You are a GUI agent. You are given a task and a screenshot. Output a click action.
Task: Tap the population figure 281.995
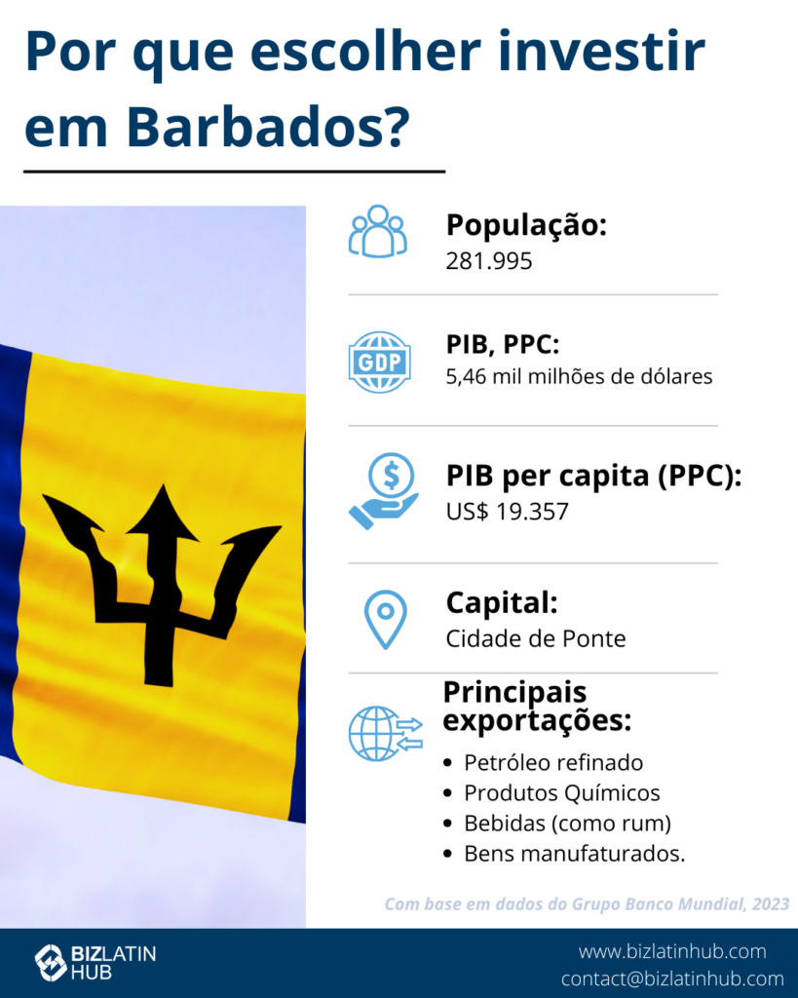coord(489,261)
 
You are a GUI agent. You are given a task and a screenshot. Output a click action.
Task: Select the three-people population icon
coord(378,232)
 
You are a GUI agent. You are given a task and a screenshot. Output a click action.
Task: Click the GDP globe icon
coord(379,363)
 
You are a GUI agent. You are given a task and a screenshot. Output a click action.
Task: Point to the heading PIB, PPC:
coord(503,345)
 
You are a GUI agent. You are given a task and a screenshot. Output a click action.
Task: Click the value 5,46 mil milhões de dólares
coord(579,376)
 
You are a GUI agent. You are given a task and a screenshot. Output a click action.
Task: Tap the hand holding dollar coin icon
coord(384,491)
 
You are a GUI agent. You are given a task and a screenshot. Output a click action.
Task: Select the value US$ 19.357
coord(508,512)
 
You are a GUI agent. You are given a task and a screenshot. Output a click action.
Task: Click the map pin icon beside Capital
coord(386,620)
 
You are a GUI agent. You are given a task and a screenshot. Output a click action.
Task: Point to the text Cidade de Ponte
coord(536,638)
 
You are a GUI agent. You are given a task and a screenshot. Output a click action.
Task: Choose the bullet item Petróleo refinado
coord(553,762)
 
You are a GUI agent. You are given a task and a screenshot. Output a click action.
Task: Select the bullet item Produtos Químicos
coord(562,793)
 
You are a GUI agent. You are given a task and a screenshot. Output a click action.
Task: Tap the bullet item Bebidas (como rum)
coord(568,824)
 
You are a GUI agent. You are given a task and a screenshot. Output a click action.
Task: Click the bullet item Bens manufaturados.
coord(575,854)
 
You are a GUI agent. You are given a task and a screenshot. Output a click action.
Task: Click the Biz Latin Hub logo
coord(95,962)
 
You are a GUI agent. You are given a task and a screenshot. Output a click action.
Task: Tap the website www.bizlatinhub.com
coord(672,951)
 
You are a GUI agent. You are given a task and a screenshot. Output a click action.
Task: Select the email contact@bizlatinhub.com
coord(672,979)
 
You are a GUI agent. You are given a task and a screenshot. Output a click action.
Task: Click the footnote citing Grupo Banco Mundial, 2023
coord(587,904)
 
